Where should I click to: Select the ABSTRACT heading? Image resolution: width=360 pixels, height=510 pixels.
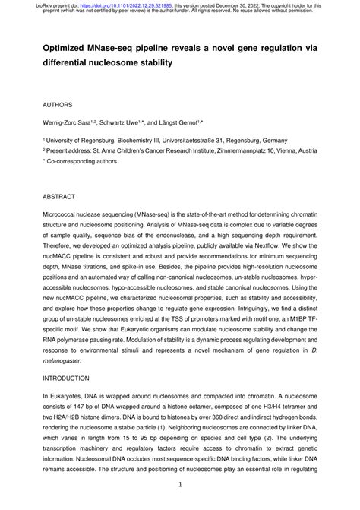[60, 196]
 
